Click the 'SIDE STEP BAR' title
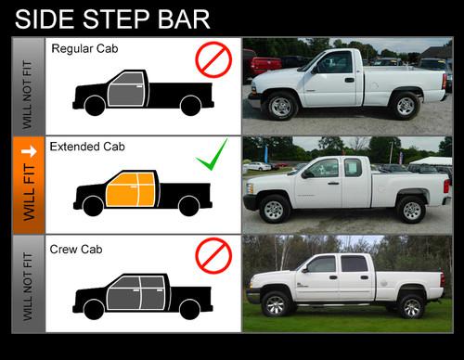pyautogui.click(x=112, y=19)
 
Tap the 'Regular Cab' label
pyautogui.click(x=84, y=48)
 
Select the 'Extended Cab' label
pyautogui.click(x=87, y=147)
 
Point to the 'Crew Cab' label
pyautogui.click(x=76, y=250)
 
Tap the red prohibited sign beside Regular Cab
pyautogui.click(x=213, y=59)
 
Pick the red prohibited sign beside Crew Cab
pyautogui.click(x=213, y=255)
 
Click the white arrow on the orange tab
pyautogui.click(x=29, y=151)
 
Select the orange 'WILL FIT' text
pyautogui.click(x=29, y=192)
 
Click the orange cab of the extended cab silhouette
pyautogui.click(x=131, y=189)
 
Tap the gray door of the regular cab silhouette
pyautogui.click(x=127, y=89)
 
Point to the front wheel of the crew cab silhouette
pyautogui.click(x=94, y=309)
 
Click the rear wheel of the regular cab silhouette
pyautogui.click(x=190, y=106)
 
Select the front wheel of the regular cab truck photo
pyautogui.click(x=280, y=106)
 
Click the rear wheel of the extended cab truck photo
pyautogui.click(x=411, y=210)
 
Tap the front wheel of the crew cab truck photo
pyautogui.click(x=275, y=303)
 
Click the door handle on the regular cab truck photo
pyautogui.click(x=350, y=80)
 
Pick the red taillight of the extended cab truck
pyautogui.click(x=446, y=186)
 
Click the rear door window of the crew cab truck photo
pyautogui.click(x=354, y=264)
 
